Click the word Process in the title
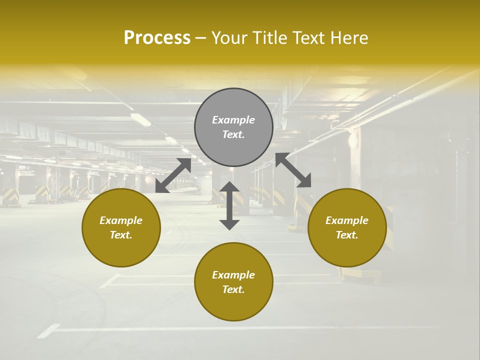157,37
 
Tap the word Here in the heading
350,37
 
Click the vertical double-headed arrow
229,205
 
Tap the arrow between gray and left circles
173,175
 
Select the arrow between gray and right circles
293,170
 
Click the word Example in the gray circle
233,120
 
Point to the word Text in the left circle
121,235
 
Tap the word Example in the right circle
347,220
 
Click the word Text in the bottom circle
233,289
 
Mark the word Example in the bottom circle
233,275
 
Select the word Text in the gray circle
233,134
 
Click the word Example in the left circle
121,220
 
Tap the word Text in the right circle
347,235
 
